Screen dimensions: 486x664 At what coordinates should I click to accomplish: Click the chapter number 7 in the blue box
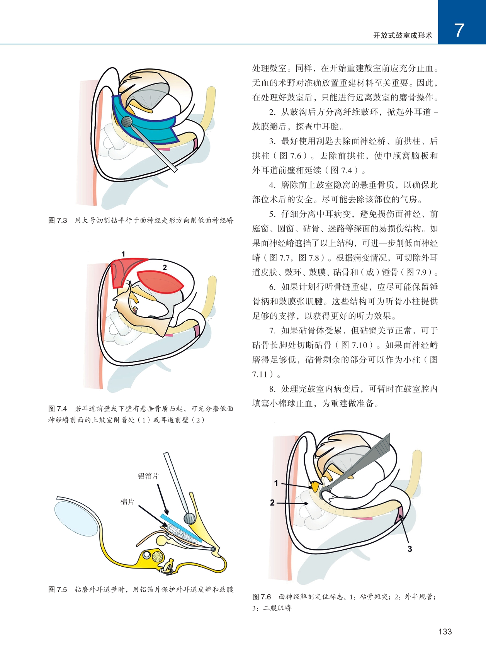click(x=459, y=31)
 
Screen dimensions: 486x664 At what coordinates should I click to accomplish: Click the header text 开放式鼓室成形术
click(x=403, y=36)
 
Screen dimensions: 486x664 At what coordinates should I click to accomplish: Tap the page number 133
click(x=445, y=632)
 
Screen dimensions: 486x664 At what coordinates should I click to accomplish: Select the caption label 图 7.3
click(x=58, y=221)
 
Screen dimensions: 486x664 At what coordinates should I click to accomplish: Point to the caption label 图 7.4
click(x=58, y=409)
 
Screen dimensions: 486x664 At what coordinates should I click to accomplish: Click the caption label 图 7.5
click(x=58, y=589)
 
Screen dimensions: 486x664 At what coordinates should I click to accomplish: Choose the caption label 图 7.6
click(x=262, y=597)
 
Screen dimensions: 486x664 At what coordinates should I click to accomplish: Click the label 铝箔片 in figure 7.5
click(x=148, y=476)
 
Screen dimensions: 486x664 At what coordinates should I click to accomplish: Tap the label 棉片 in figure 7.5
click(x=127, y=502)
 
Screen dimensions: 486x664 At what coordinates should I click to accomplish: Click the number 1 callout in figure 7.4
click(x=123, y=254)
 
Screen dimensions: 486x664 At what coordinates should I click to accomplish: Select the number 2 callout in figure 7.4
click(x=165, y=267)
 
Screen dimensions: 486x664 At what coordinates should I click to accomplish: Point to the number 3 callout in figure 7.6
click(x=410, y=549)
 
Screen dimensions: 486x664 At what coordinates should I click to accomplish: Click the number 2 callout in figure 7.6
click(x=272, y=503)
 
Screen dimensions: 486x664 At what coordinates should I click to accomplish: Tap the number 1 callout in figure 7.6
click(x=276, y=483)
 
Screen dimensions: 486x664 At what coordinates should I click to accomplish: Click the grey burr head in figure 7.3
click(x=127, y=122)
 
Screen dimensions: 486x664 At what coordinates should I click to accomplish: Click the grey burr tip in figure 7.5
click(x=189, y=518)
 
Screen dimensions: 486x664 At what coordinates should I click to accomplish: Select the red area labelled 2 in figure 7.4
click(x=159, y=282)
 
